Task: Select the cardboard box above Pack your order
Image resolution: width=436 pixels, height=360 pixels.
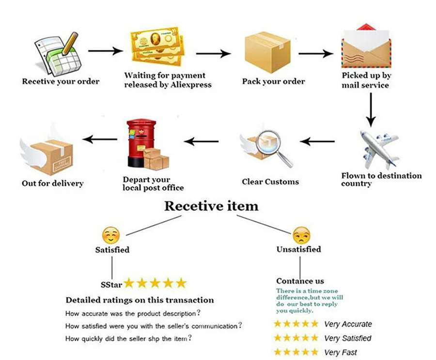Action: pyautogui.click(x=267, y=51)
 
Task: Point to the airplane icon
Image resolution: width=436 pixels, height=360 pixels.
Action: pyautogui.click(x=379, y=147)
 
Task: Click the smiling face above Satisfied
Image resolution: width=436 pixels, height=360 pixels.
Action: pyautogui.click(x=111, y=235)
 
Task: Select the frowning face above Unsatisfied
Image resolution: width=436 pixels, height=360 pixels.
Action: pyautogui.click(x=301, y=235)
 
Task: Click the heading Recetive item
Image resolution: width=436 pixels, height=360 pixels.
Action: pyautogui.click(x=211, y=205)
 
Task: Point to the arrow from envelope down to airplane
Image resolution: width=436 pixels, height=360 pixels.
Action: pyautogui.click(x=371, y=108)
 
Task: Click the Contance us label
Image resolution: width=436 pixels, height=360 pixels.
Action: pyautogui.click(x=300, y=281)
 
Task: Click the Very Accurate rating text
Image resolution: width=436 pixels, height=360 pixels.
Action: pyautogui.click(x=348, y=324)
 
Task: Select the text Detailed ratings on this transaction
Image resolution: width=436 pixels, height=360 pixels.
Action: pyautogui.click(x=140, y=300)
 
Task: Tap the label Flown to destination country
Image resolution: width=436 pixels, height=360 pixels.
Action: pyautogui.click(x=381, y=179)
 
